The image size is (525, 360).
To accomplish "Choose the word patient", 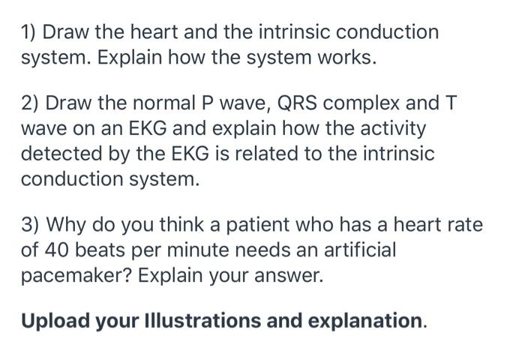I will click(262, 226).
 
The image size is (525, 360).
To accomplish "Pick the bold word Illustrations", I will click(188, 321).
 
